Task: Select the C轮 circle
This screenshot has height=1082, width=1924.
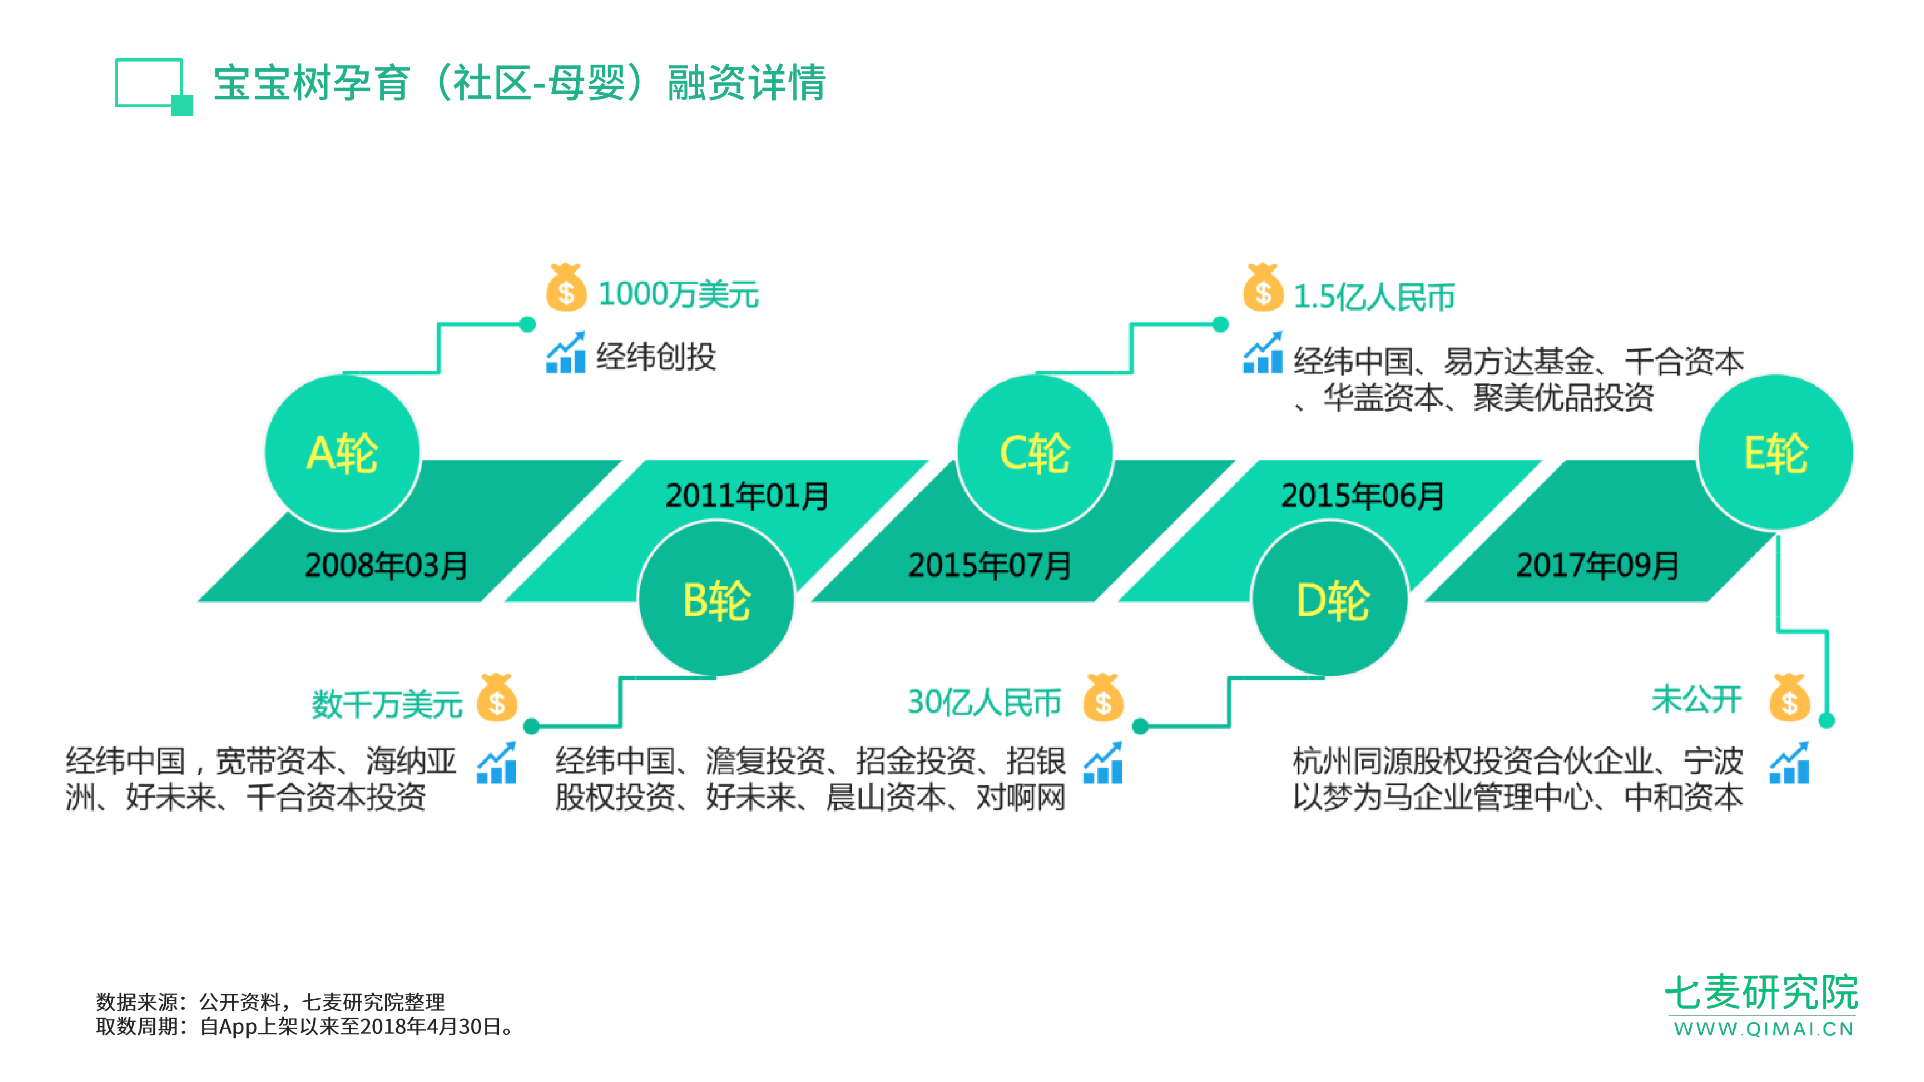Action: click(x=1035, y=453)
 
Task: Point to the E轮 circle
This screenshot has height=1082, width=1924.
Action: click(x=1775, y=453)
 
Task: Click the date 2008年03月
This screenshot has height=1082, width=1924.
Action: click(x=386, y=565)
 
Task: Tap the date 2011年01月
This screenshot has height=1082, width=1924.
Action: click(x=747, y=496)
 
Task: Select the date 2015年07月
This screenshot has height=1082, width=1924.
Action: click(x=989, y=565)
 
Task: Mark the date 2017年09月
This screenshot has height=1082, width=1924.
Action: click(x=1597, y=565)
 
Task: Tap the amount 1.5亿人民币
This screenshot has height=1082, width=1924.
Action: click(x=1374, y=296)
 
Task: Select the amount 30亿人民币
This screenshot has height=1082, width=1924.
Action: click(x=985, y=703)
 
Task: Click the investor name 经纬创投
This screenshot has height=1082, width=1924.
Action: click(x=656, y=356)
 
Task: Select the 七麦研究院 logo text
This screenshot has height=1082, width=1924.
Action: click(x=1761, y=993)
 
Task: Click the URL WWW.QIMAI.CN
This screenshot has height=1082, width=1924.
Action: click(x=1763, y=1030)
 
